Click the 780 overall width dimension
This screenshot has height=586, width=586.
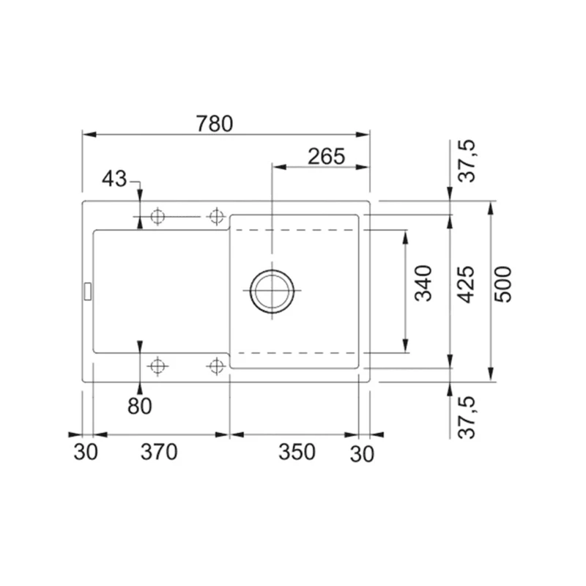[x=215, y=124]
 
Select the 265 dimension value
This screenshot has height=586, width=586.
[x=326, y=157]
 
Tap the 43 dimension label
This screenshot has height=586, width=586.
[x=114, y=179]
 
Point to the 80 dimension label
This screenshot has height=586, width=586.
[x=140, y=407]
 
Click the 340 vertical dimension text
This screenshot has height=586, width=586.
[x=423, y=283]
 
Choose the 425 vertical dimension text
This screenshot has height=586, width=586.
[x=466, y=284]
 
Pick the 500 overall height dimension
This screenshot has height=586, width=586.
[x=502, y=284]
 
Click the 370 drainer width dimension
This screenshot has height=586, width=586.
[x=159, y=452]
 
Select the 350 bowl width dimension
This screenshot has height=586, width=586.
[x=297, y=452]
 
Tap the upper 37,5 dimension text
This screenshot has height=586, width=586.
[x=467, y=160]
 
